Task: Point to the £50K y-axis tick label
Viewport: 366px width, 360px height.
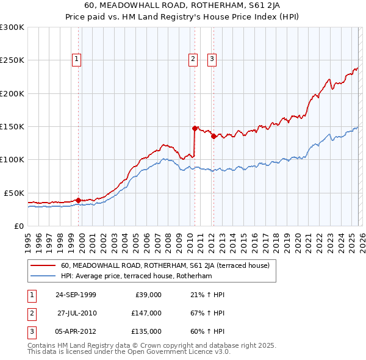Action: click(x=14, y=193)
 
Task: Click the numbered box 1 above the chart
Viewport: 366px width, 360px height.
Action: click(x=77, y=59)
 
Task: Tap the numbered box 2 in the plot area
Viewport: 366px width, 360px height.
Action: click(x=193, y=59)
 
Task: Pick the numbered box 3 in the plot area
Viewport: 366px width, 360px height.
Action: click(x=212, y=59)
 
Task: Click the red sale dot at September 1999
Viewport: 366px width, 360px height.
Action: click(x=79, y=200)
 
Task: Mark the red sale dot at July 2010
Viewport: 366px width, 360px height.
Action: click(x=195, y=129)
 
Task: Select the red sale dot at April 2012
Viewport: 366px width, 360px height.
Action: click(x=213, y=137)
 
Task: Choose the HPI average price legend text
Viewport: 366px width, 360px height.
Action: click(x=136, y=276)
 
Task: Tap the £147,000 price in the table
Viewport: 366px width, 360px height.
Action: click(x=146, y=313)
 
